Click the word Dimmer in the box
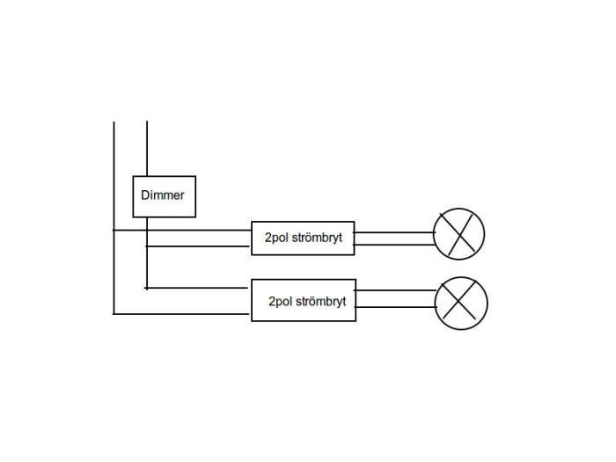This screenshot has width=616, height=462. pyautogui.click(x=163, y=195)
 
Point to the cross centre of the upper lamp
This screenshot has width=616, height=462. pyautogui.click(x=458, y=235)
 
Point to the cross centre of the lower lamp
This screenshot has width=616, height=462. pyautogui.click(x=458, y=301)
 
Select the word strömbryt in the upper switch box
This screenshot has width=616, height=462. pyautogui.click(x=318, y=238)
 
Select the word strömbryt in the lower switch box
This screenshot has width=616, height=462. pyautogui.click(x=321, y=301)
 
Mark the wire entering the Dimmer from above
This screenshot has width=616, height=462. pyautogui.click(x=147, y=149)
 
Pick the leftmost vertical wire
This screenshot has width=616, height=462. pyautogui.click(x=114, y=218)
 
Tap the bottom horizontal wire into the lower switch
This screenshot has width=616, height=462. pyautogui.click(x=181, y=314)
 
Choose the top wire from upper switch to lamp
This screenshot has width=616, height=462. pyautogui.click(x=394, y=232)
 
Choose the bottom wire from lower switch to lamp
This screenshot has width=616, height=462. pyautogui.click(x=396, y=307)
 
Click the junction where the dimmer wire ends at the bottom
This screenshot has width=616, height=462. pyautogui.click(x=147, y=288)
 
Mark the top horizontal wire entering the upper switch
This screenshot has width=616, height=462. pyautogui.click(x=182, y=231)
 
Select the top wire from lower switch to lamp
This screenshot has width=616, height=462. pyautogui.click(x=396, y=290)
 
